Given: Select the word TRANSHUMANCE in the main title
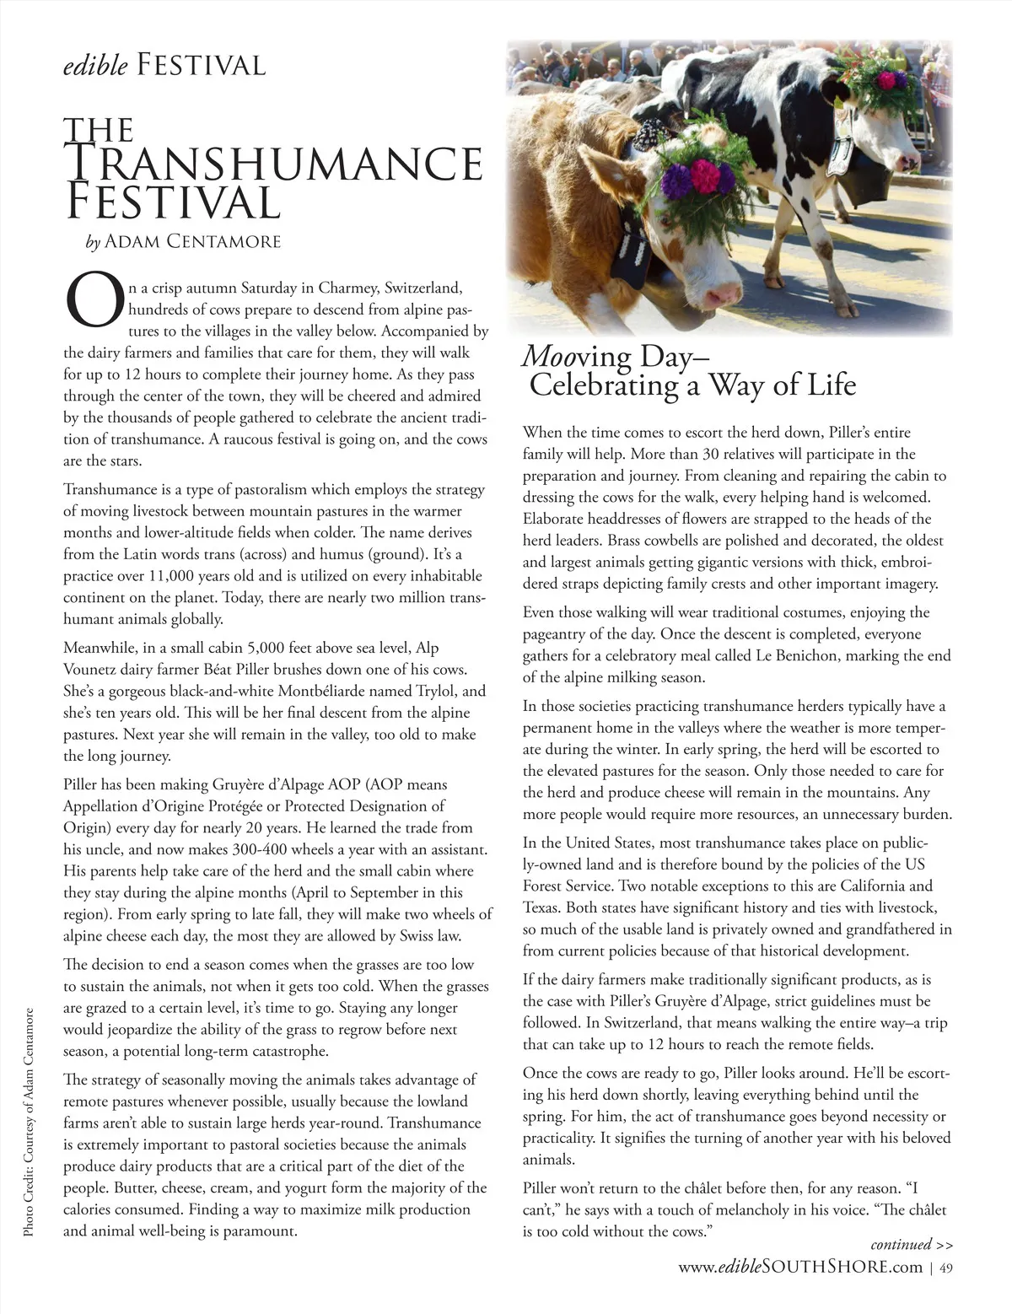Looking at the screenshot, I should pyautogui.click(x=274, y=165).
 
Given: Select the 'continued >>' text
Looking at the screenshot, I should pyautogui.click(x=912, y=1245).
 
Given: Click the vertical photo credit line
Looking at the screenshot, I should pyautogui.click(x=29, y=1122).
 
